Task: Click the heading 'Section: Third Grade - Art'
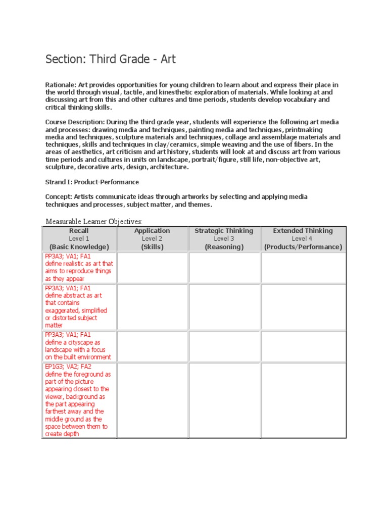[111, 59]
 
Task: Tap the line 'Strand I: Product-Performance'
[92, 182]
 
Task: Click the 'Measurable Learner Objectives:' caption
[94, 221]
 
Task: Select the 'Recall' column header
[79, 231]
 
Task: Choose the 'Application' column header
[152, 231]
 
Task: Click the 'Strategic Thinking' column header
[224, 231]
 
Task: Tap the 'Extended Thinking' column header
[303, 231]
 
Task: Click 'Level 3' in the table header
[224, 238]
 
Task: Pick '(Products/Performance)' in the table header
[303, 247]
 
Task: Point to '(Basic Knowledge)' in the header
[79, 247]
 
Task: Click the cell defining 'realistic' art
[79, 268]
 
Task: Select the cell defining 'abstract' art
[79, 306]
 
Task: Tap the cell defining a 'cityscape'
[79, 346]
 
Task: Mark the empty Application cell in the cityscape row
[152, 346]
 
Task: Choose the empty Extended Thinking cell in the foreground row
[303, 400]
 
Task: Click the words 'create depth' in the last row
[62, 434]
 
